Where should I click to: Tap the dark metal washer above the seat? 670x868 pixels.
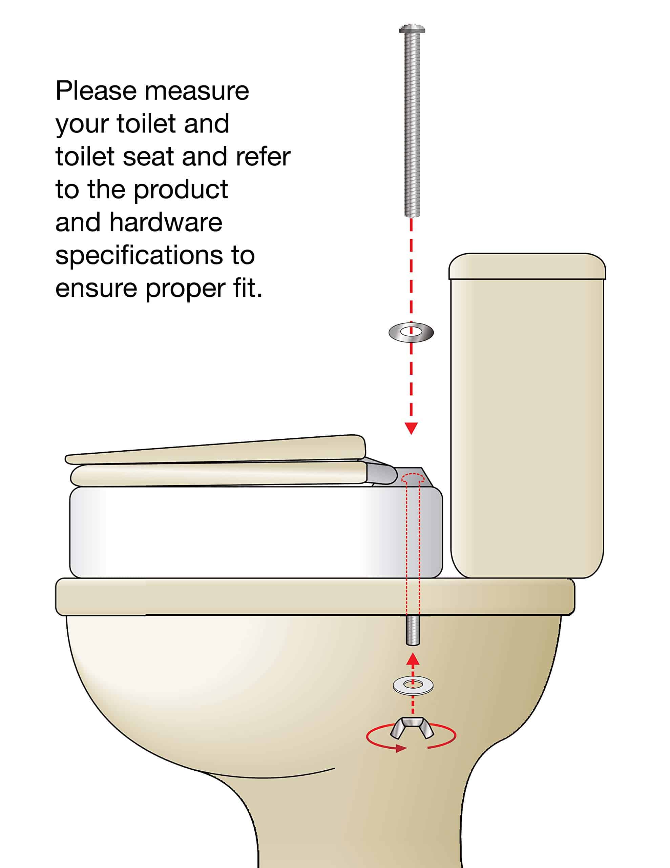pyautogui.click(x=411, y=332)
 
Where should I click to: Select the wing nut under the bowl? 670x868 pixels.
pyautogui.click(x=412, y=728)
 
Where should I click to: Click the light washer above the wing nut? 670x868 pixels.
pyautogui.click(x=413, y=685)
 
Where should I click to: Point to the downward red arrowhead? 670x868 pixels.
pyautogui.click(x=411, y=428)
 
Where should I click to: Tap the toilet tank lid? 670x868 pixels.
pyautogui.click(x=527, y=266)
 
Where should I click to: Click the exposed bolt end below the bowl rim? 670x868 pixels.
pyautogui.click(x=413, y=630)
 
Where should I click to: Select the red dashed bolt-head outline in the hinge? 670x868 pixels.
pyautogui.click(x=413, y=478)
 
